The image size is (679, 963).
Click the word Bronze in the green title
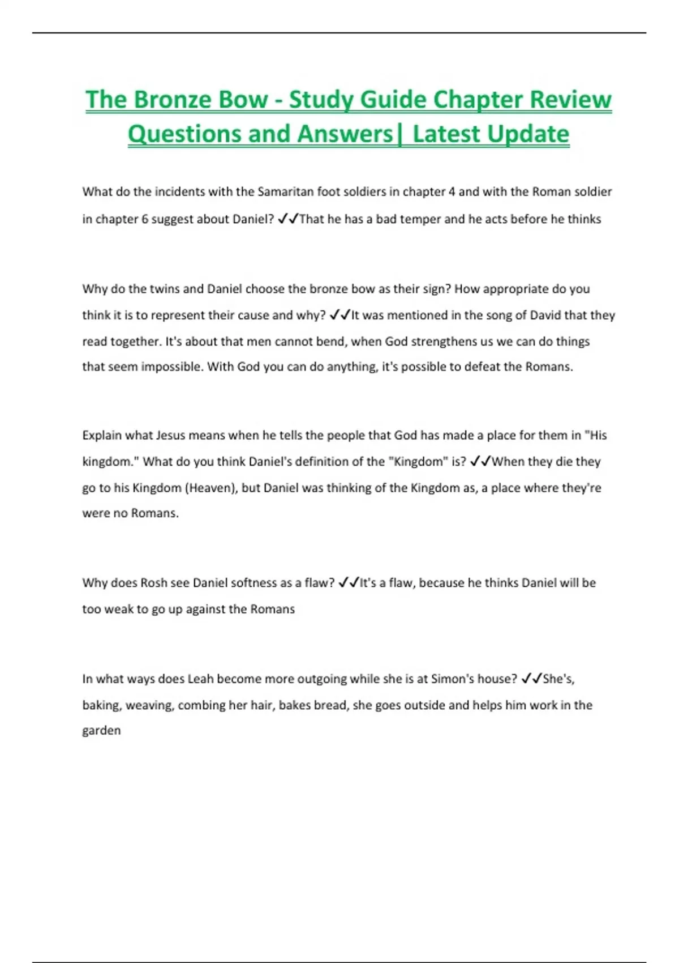tap(174, 100)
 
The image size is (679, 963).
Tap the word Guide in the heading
tap(393, 100)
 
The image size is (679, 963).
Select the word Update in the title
tap(527, 134)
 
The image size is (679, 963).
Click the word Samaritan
tap(285, 191)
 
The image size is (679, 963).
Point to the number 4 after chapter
tap(452, 191)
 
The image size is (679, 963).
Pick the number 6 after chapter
tap(145, 219)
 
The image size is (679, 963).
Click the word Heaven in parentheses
tap(210, 488)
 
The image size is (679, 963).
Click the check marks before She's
tap(531, 679)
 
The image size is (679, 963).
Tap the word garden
tap(101, 731)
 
